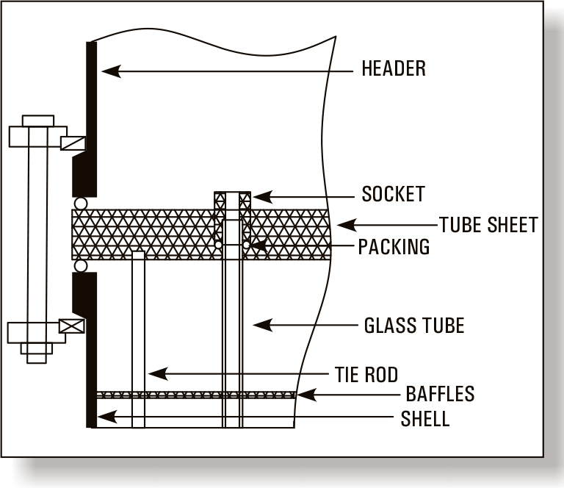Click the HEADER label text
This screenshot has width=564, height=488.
click(x=394, y=70)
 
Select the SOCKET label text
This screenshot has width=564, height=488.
click(x=393, y=195)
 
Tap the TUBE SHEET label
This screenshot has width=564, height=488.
click(x=488, y=225)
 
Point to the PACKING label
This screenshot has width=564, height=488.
click(x=394, y=247)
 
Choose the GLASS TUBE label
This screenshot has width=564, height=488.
click(x=414, y=325)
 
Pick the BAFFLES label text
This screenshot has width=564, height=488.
click(x=440, y=395)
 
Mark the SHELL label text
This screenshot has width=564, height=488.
click(x=424, y=420)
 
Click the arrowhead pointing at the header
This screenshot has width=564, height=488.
click(x=109, y=71)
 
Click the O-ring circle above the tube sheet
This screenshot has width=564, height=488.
click(x=81, y=202)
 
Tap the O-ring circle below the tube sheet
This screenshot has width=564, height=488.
click(x=81, y=265)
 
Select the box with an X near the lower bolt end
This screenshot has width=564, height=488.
click(x=72, y=326)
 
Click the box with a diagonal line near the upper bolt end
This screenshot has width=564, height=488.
click(x=72, y=143)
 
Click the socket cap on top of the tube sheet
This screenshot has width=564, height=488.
click(x=232, y=200)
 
